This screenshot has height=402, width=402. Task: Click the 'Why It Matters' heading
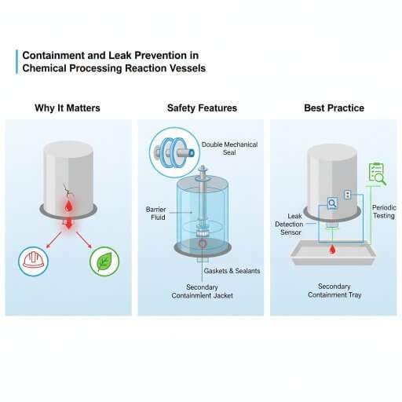click(x=67, y=108)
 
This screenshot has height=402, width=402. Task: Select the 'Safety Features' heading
click(x=202, y=108)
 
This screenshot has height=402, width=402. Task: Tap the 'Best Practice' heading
click(x=333, y=108)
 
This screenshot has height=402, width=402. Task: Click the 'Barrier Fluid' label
click(x=156, y=214)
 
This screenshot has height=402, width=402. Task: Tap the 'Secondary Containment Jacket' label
click(x=202, y=291)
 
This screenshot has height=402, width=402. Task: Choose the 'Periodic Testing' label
click(x=383, y=211)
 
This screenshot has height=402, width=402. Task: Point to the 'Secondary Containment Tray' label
click(x=333, y=291)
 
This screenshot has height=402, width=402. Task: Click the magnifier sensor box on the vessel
click(x=332, y=203)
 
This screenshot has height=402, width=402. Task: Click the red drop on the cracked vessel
click(x=68, y=206)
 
